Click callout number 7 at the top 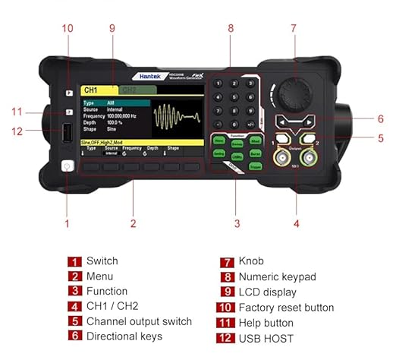[294, 28]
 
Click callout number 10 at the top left [68, 28]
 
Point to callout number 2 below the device [133, 223]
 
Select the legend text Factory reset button [286, 308]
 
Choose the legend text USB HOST [265, 338]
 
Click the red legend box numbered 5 [75, 322]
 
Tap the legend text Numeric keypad [276, 277]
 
